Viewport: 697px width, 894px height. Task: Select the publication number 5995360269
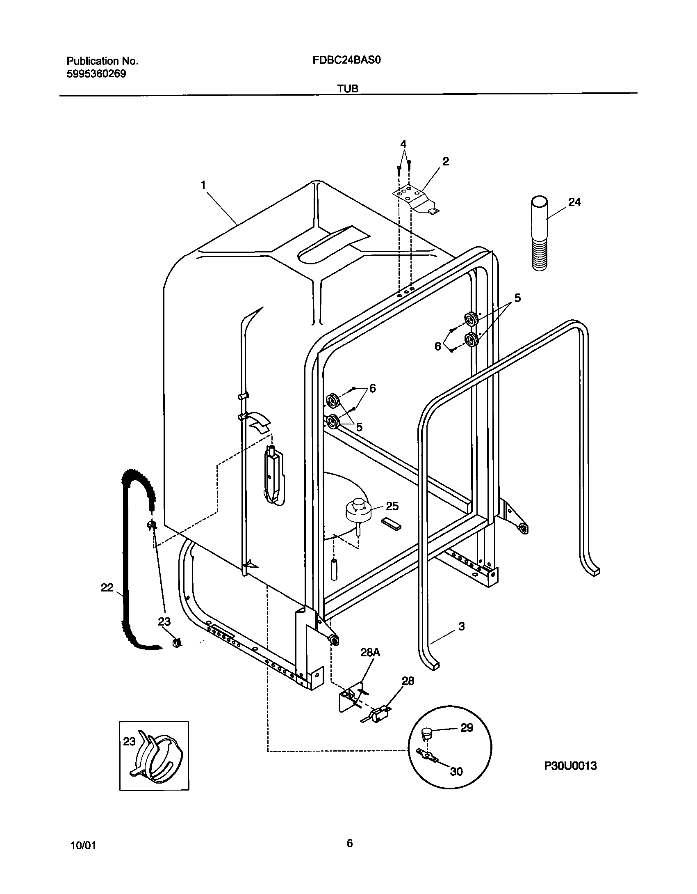pyautogui.click(x=96, y=74)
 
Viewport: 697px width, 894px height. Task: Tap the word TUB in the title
pyautogui.click(x=348, y=88)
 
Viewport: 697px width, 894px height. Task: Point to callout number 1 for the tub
pyautogui.click(x=203, y=186)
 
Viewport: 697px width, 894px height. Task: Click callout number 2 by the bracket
pyautogui.click(x=446, y=161)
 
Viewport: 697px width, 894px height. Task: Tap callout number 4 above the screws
pyautogui.click(x=403, y=144)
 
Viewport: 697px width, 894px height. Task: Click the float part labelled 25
pyautogui.click(x=358, y=511)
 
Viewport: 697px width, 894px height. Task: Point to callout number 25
pyautogui.click(x=392, y=506)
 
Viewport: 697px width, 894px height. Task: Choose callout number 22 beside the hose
pyautogui.click(x=107, y=588)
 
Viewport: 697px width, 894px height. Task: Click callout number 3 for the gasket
pyautogui.click(x=461, y=626)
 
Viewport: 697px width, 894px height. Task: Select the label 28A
pyautogui.click(x=370, y=664)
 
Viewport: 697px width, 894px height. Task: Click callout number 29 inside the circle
pyautogui.click(x=467, y=728)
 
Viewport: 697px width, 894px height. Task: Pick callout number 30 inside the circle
pyautogui.click(x=456, y=772)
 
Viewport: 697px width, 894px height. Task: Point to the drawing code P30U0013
pyautogui.click(x=570, y=766)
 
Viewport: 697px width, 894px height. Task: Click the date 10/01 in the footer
pyautogui.click(x=84, y=845)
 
